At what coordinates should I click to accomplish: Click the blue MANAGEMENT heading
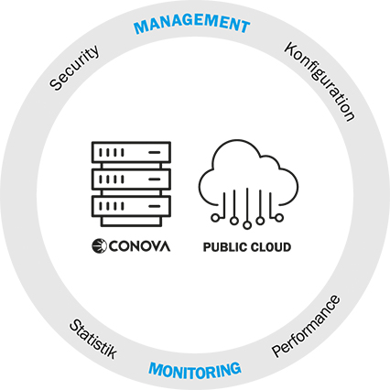click(x=192, y=24)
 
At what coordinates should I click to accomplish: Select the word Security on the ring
click(x=74, y=68)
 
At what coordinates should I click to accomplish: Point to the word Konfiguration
click(x=320, y=81)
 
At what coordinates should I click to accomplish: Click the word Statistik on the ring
click(x=93, y=339)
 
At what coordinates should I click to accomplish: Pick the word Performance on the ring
click(x=306, y=326)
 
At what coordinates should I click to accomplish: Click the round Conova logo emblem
click(x=99, y=246)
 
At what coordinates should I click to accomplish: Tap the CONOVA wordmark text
click(x=139, y=246)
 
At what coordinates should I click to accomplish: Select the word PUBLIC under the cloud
click(x=224, y=247)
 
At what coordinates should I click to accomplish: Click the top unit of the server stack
click(x=131, y=152)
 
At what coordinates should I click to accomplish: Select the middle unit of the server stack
click(x=131, y=179)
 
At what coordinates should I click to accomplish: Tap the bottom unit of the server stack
click(x=131, y=206)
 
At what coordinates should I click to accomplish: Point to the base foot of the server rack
click(x=131, y=222)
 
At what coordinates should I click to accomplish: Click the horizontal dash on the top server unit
click(x=155, y=152)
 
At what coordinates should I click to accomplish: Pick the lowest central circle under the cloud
click(x=247, y=225)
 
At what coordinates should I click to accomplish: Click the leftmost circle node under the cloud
click(x=215, y=218)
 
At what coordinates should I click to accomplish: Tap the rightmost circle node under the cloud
click(x=279, y=218)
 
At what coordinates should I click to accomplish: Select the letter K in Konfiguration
click(x=291, y=49)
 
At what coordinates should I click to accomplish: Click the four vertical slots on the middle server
click(x=112, y=179)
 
